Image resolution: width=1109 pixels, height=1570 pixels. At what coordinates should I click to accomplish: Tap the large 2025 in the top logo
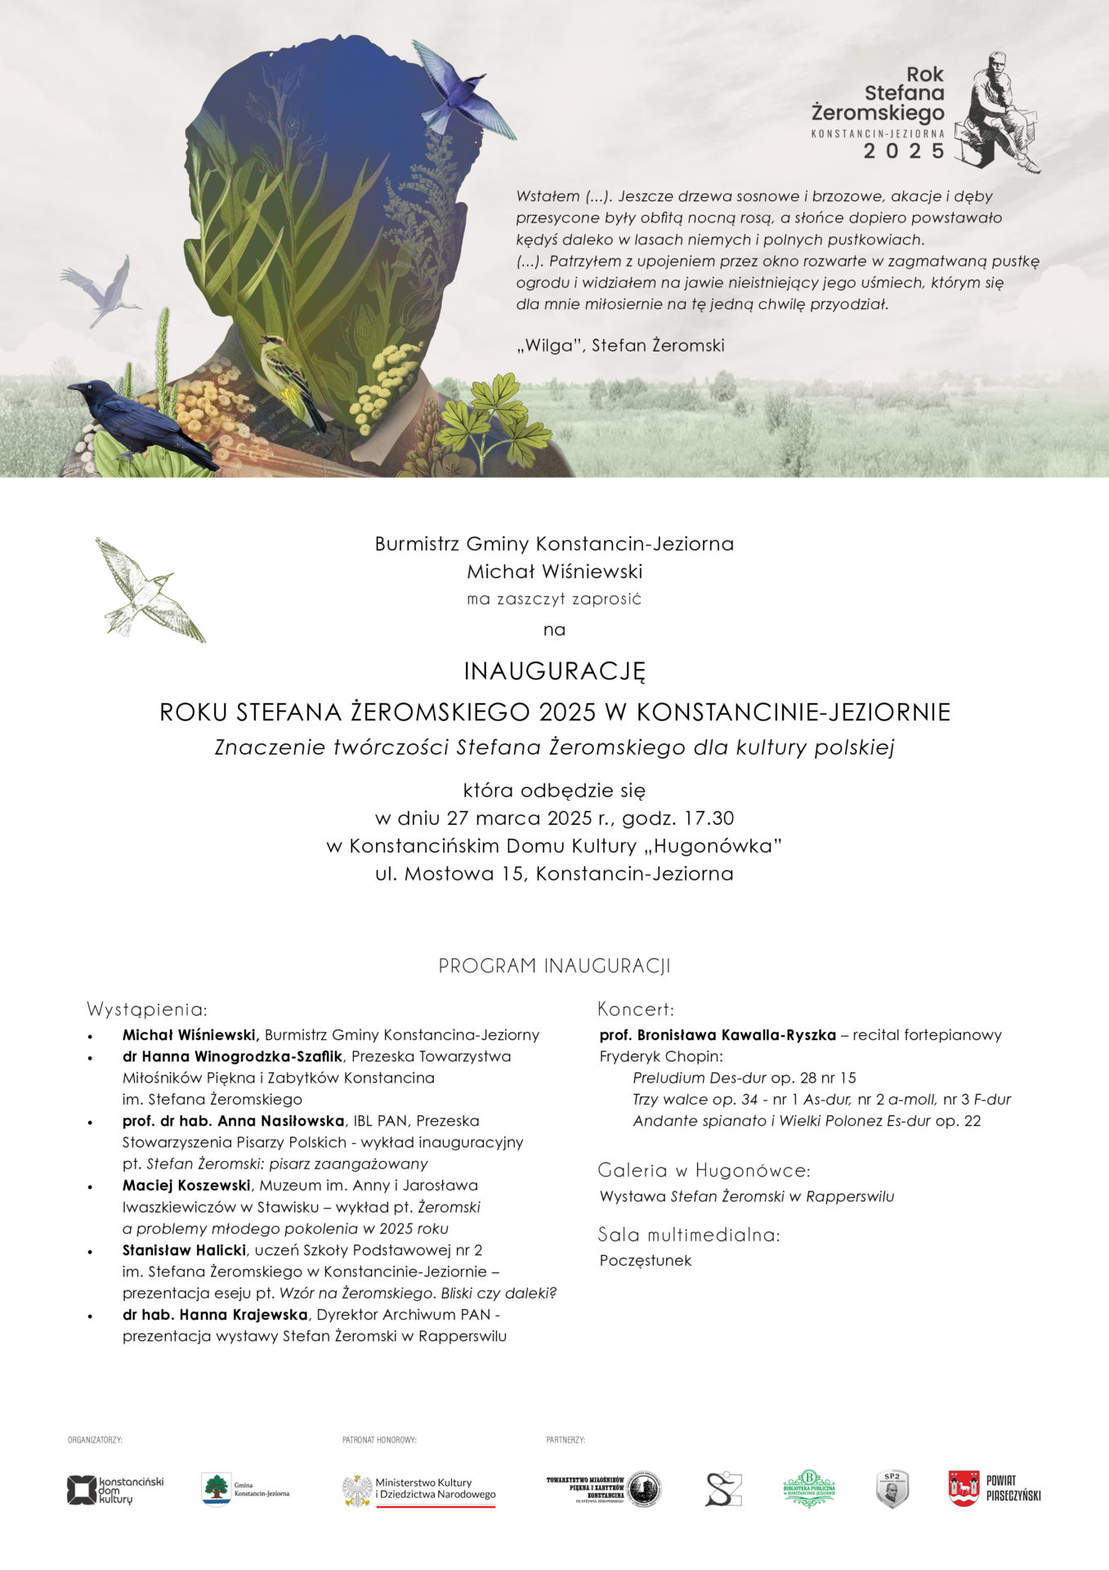coord(904,151)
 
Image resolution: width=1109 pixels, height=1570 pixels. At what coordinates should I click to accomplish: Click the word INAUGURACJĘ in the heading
coord(554,671)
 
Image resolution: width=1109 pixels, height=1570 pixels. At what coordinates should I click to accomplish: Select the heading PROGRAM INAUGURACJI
coord(554,966)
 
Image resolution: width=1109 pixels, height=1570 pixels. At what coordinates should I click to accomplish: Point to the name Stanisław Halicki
coord(184,1249)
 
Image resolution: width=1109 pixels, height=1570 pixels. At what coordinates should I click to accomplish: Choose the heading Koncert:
coord(636,1008)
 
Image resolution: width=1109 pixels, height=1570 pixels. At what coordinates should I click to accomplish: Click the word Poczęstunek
coord(645,1260)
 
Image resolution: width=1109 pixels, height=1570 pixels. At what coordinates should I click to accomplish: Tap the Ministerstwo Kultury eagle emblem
coord(357,1490)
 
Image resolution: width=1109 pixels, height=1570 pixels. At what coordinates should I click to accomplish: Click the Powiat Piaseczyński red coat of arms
coord(964,1488)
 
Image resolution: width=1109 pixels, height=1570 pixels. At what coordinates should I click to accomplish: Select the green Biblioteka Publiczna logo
coord(809,1488)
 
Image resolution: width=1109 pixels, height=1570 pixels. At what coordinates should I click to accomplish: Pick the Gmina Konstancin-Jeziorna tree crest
coord(217,1488)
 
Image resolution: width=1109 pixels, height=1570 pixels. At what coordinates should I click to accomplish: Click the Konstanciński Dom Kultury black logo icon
coord(81,1490)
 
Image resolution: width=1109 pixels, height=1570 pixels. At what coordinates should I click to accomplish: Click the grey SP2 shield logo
coord(892,1488)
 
